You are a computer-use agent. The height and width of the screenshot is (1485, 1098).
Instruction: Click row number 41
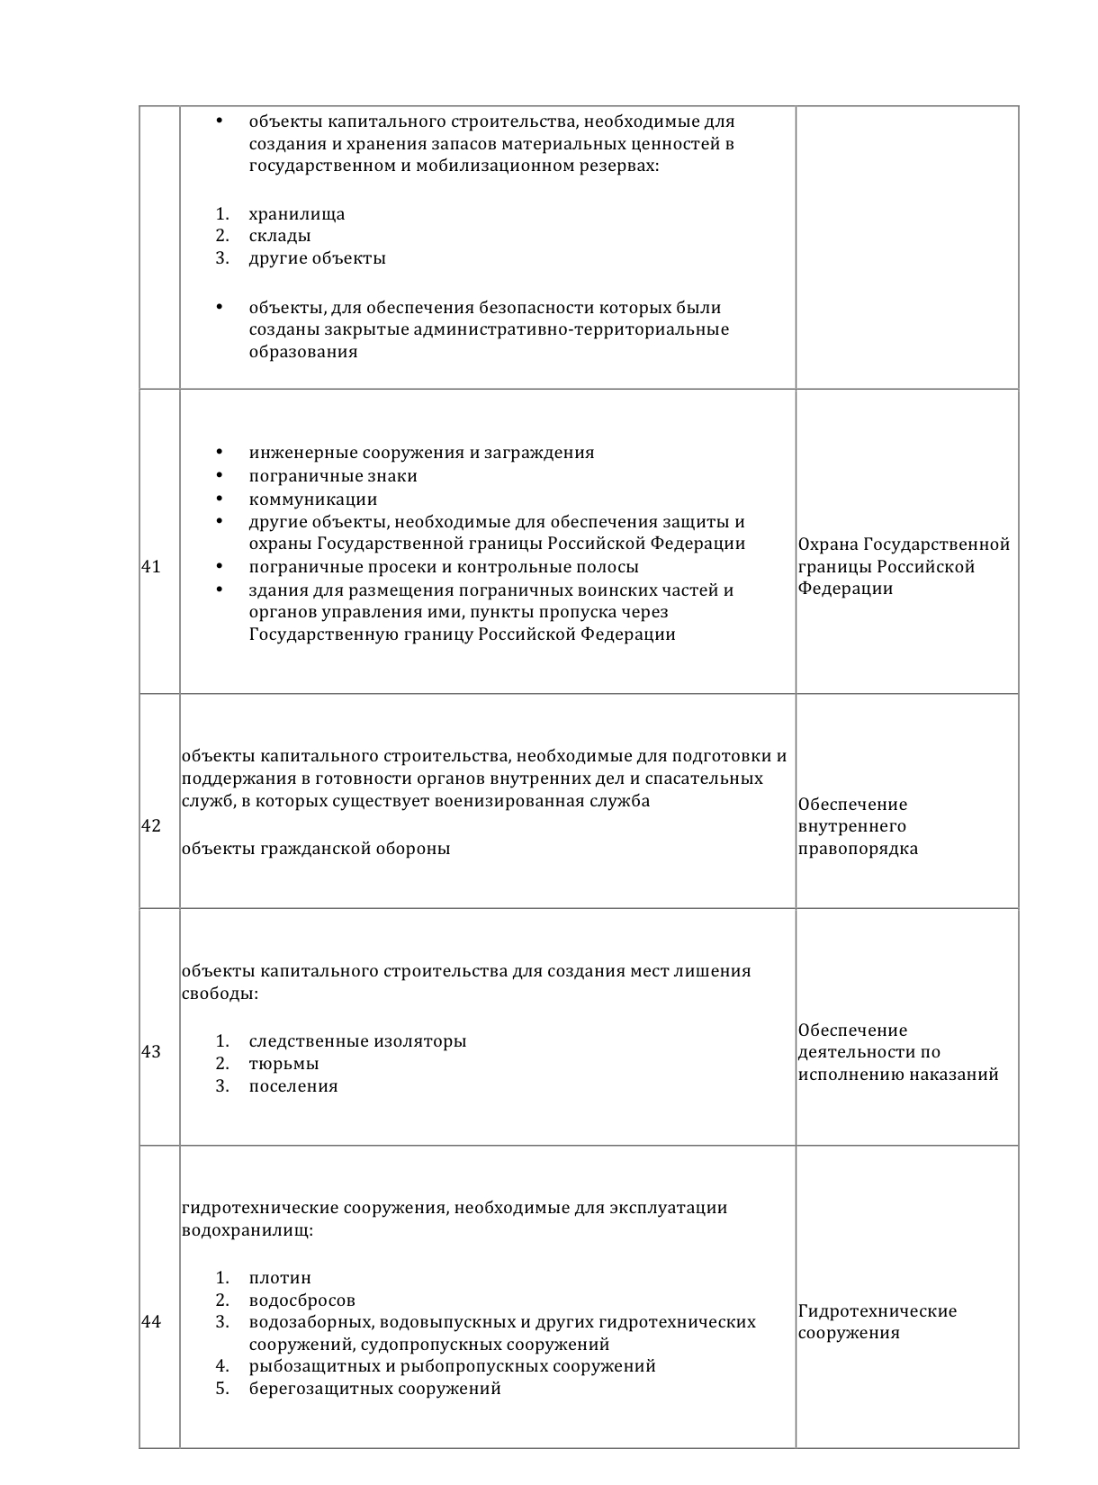[x=151, y=567]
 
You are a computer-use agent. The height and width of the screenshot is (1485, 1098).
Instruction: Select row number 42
[x=151, y=826]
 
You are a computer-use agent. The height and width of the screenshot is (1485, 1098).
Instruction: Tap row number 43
[x=151, y=1052]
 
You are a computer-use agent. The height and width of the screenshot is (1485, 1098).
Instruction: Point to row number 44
[x=151, y=1322]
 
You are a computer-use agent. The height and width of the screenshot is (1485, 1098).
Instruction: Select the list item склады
[x=280, y=236]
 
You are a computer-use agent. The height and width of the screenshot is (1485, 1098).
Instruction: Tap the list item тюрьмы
[x=283, y=1064]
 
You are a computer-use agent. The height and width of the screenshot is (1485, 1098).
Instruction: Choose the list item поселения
[x=293, y=1086]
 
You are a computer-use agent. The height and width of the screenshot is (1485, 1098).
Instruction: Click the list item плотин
[x=280, y=1278]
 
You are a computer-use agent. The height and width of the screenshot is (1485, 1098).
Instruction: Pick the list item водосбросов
[x=302, y=1300]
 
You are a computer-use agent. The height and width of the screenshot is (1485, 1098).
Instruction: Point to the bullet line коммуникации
[x=313, y=499]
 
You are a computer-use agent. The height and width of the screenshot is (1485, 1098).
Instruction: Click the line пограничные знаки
[x=333, y=476]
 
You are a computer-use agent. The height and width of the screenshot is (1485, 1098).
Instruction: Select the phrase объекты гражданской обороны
[x=316, y=849]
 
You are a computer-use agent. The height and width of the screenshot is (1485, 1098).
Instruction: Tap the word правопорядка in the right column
[x=858, y=849]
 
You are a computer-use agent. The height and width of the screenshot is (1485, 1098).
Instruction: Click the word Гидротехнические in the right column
[x=877, y=1311]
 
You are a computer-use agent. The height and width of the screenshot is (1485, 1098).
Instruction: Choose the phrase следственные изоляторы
[x=357, y=1041]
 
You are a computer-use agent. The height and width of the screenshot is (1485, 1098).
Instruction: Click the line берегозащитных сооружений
[x=374, y=1389]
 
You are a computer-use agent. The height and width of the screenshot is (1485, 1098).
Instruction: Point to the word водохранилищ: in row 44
[x=247, y=1230]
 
